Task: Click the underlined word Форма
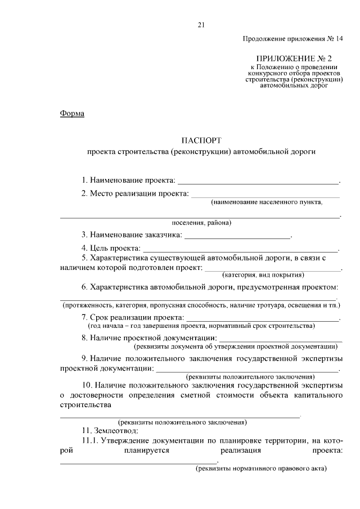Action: pos(72,114)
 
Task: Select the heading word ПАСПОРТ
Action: pos(201,140)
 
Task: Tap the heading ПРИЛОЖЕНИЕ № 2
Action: pos(294,58)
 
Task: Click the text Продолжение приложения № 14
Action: pos(292,39)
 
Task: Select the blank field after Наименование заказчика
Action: pos(237,235)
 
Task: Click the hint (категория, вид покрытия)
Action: pos(263,275)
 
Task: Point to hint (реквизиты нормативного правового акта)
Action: pos(261,469)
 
